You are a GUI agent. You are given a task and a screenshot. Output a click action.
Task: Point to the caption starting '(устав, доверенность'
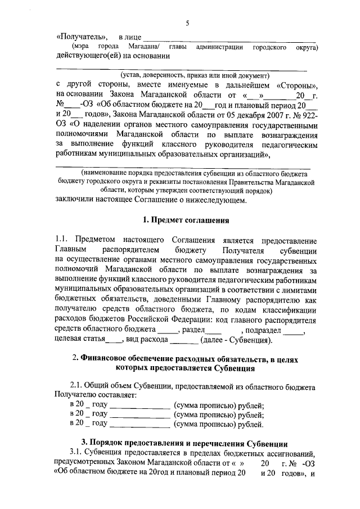(x=188, y=75)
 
